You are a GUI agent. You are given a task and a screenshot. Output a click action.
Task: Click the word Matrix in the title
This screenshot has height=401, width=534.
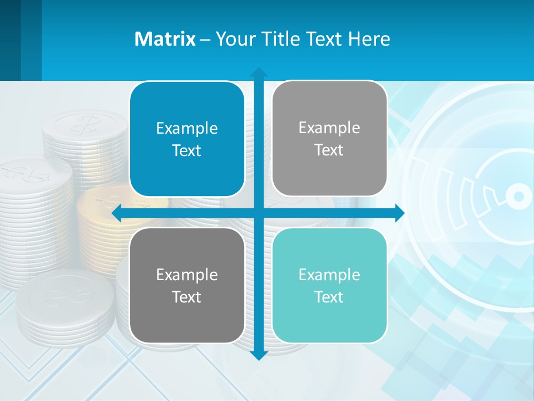[x=165, y=39]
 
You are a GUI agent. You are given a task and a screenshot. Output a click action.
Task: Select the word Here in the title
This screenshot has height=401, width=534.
[x=369, y=39]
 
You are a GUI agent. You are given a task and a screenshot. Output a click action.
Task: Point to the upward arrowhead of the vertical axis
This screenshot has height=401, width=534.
[x=258, y=72]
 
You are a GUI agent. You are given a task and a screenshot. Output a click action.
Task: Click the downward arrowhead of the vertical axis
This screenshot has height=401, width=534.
[x=258, y=355]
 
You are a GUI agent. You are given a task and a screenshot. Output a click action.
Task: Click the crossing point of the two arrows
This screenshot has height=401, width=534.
[x=258, y=213]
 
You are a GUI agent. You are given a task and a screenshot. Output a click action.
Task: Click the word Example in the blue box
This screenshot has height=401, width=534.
[x=187, y=128]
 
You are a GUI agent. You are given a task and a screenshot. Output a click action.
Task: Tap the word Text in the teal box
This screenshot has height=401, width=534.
[x=329, y=297]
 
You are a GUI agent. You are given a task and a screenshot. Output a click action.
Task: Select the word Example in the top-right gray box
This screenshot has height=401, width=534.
[x=329, y=128]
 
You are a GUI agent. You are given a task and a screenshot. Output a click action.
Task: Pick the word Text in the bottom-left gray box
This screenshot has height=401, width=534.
[x=187, y=297]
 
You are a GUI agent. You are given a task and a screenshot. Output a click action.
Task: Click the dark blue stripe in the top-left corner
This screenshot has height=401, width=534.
[x=10, y=39]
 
